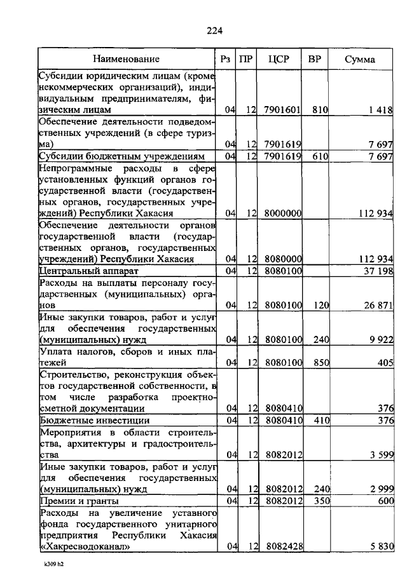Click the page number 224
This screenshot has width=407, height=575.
click(x=214, y=30)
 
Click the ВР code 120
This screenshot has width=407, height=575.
click(x=320, y=306)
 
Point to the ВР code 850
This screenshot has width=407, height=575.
click(x=320, y=363)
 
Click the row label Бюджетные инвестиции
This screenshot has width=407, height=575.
click(x=85, y=420)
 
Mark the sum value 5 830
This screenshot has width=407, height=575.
click(x=380, y=546)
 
